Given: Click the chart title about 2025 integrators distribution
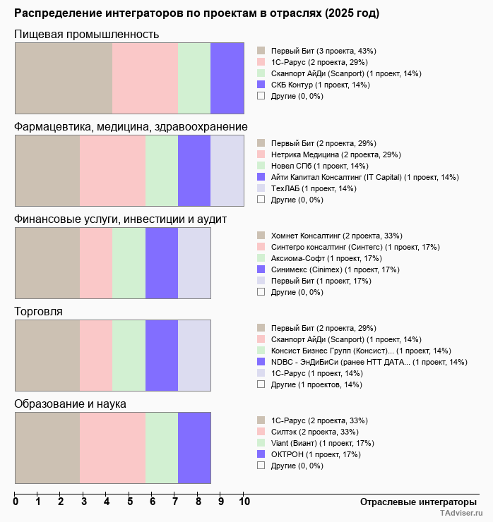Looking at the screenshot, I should (196, 13).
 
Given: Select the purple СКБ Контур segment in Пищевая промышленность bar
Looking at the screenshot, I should (227, 78).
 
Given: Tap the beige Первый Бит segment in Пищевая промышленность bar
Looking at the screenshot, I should (64, 78).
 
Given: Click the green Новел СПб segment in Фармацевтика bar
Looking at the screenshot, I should (162, 170).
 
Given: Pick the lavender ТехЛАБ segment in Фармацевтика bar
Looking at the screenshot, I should (227, 170).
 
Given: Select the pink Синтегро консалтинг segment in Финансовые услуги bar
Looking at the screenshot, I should (96, 263).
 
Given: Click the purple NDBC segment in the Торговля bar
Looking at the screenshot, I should (162, 356).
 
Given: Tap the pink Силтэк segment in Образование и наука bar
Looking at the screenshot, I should (112, 448).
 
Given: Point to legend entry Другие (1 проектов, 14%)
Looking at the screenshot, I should (316, 384).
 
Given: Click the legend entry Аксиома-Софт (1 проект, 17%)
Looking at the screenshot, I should (321, 258).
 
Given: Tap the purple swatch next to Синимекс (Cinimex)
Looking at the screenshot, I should (261, 269).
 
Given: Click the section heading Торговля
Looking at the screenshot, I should (38, 311).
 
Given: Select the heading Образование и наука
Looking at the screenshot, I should (70, 404).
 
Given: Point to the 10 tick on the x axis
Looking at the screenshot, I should (244, 502).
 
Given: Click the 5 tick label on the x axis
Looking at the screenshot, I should (130, 502).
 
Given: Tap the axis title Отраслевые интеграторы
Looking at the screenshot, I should (414, 502).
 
